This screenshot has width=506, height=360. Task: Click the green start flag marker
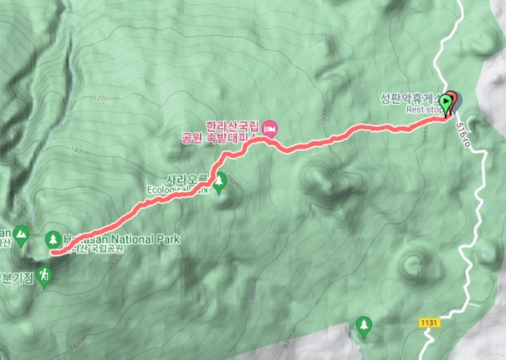tap(446, 103)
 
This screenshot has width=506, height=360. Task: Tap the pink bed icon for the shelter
tap(272, 126)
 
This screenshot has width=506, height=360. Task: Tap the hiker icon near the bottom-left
tap(48, 276)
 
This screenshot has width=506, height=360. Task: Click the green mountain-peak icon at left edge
tap(21, 237)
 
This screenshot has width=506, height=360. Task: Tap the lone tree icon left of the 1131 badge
tap(363, 327)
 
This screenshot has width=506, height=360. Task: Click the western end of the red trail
tap(52, 253)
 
